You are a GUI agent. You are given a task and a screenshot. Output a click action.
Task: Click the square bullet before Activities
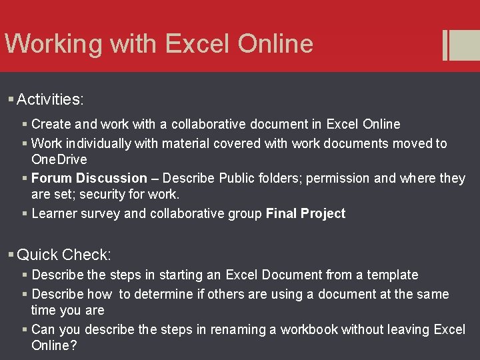click(x=11, y=100)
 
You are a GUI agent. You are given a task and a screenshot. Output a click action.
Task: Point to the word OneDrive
click(x=59, y=159)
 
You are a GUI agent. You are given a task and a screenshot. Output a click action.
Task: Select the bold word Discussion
click(x=111, y=178)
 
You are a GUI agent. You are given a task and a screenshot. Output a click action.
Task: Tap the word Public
click(x=237, y=178)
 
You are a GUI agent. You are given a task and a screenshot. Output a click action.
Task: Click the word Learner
click(x=54, y=213)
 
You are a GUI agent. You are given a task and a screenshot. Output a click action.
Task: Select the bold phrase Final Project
click(x=305, y=213)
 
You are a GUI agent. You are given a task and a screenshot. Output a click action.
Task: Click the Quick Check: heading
click(x=64, y=255)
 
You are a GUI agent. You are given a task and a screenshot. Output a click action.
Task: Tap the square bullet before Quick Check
click(x=11, y=255)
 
